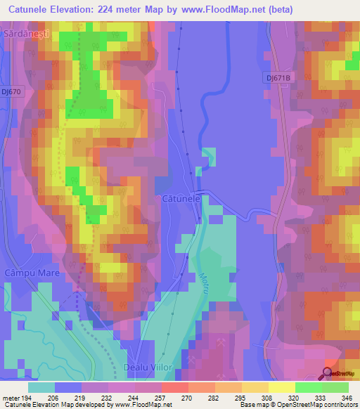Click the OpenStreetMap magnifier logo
coord(328,373)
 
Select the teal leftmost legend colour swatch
coord(41,387)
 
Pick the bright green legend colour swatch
coord(309,387)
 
